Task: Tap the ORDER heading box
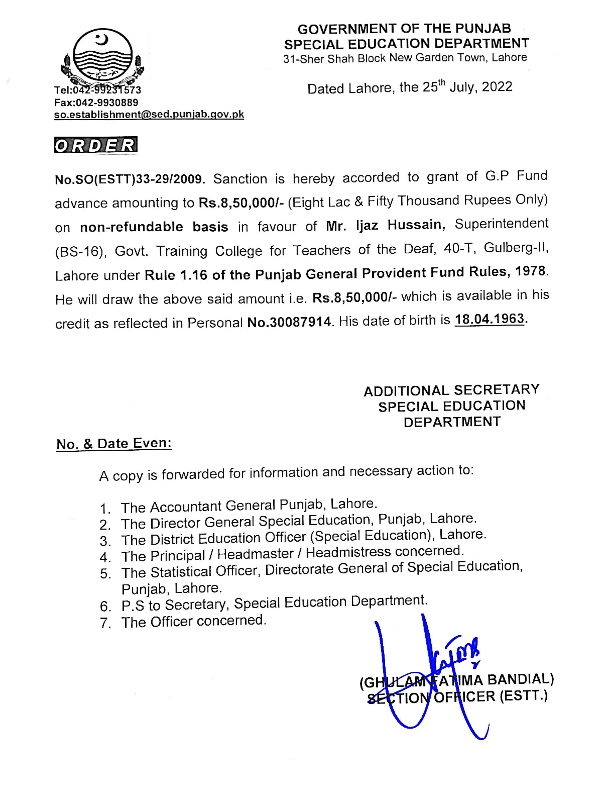point(96,145)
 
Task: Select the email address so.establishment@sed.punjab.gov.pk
point(149,115)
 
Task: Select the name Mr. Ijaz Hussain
point(385,225)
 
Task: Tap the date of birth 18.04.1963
point(489,319)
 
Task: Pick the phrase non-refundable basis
point(154,227)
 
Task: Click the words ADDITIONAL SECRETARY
point(451,390)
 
